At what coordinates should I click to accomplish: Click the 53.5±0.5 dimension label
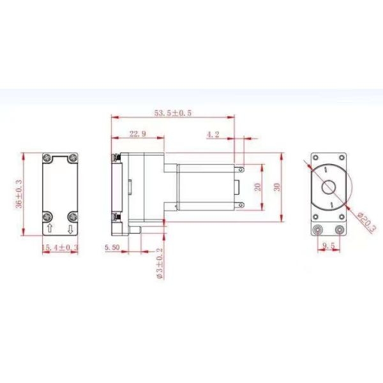[x=173, y=113]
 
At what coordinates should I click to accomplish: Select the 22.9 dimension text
[x=138, y=134]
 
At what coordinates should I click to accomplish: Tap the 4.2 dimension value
[x=213, y=134]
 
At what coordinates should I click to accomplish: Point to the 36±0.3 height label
[x=19, y=194]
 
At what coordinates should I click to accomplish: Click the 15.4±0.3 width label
[x=60, y=248]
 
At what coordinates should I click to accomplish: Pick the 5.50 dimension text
[x=112, y=248]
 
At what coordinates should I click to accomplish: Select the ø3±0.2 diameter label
[x=159, y=263]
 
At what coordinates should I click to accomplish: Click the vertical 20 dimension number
[x=258, y=187]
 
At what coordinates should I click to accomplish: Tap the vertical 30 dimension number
[x=277, y=187]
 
